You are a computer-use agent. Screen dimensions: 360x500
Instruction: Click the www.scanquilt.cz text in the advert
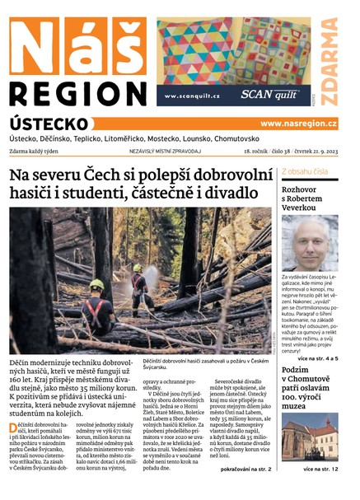[x=192, y=96]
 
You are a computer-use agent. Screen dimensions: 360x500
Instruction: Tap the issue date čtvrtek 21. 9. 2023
[x=310, y=152]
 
